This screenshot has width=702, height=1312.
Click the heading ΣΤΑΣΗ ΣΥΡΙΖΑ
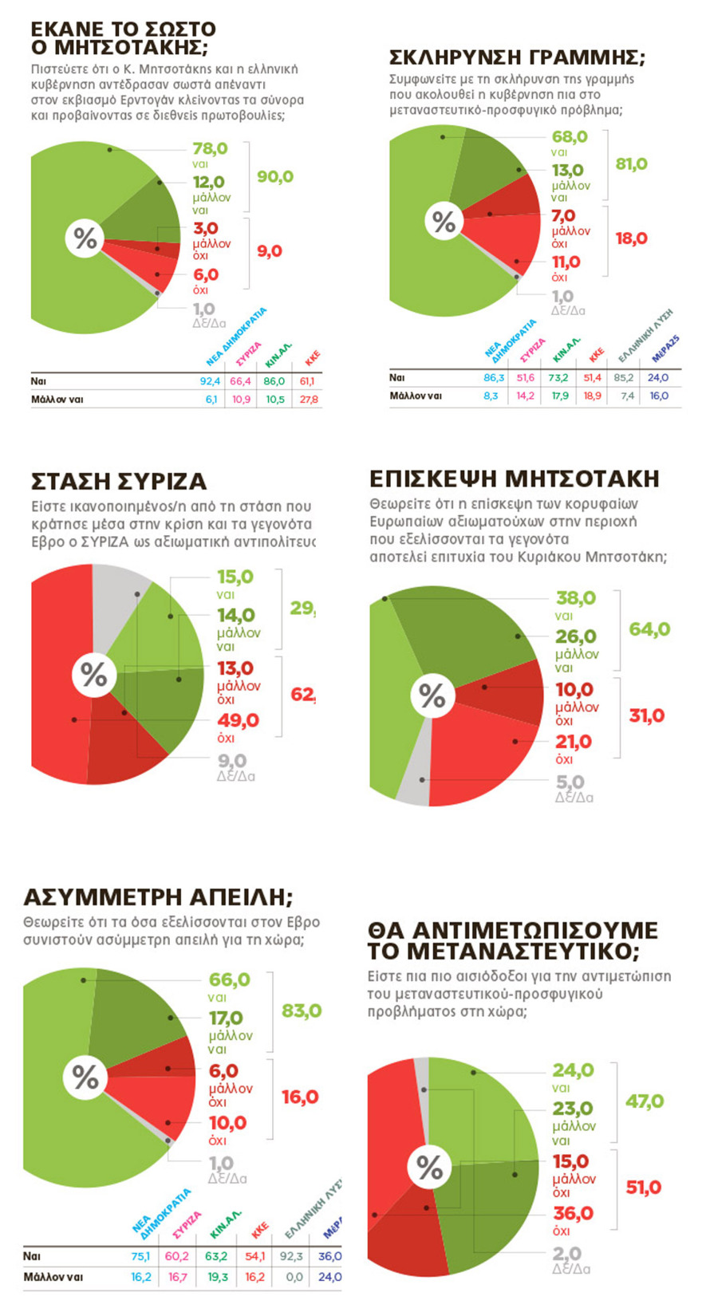118,482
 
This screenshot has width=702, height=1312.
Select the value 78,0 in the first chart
210,149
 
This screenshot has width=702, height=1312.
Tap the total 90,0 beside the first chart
274,176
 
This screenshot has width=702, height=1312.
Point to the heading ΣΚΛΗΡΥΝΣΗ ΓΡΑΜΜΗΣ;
517,57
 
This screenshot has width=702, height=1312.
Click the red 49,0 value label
238,721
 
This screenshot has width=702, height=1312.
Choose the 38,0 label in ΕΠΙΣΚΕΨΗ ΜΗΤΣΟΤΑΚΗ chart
575,598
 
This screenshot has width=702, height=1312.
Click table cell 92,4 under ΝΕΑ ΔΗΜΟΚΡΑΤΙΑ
210,381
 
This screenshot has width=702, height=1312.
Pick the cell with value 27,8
309,400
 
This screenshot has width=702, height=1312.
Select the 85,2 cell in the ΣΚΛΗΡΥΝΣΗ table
625,378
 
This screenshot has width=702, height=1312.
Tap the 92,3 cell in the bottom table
291,1256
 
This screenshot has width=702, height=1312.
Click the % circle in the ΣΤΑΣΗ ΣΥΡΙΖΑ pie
93,676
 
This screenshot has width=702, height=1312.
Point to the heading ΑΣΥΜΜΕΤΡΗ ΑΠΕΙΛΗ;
158,897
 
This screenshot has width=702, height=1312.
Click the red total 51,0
643,1188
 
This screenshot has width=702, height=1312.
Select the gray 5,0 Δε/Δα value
570,782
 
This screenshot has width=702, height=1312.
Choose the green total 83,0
302,1011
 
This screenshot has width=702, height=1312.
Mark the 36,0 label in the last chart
573,1214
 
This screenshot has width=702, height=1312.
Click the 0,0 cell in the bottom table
294,1277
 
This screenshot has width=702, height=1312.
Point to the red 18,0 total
631,238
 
